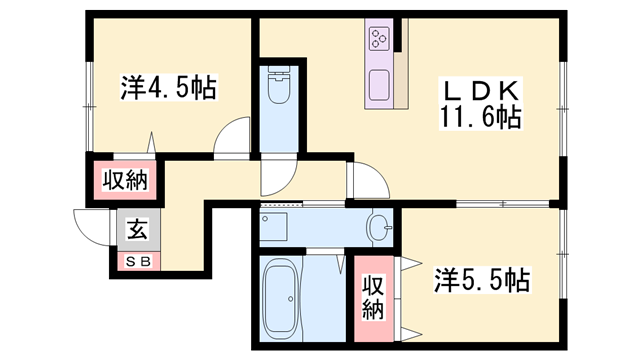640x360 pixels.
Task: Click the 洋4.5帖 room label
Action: pos(169,87)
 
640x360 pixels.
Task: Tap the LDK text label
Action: pos(480,91)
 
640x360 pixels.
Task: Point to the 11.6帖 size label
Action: pos(480,117)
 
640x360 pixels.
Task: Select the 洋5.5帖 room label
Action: pos(482,280)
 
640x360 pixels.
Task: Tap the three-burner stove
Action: pos(379,39)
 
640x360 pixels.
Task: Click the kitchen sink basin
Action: pos(379,85)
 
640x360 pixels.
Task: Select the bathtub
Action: pos(282,299)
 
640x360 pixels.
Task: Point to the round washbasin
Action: pos(379,228)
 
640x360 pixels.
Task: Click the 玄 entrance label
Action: pos(138,229)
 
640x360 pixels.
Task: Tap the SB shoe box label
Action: pos(138,261)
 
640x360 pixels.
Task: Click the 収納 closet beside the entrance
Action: pos(124,180)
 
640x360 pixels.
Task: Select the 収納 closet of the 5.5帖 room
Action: pos(373,298)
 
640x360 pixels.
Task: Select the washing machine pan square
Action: pos(273,227)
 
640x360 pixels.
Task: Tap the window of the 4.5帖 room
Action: pos(88,107)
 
